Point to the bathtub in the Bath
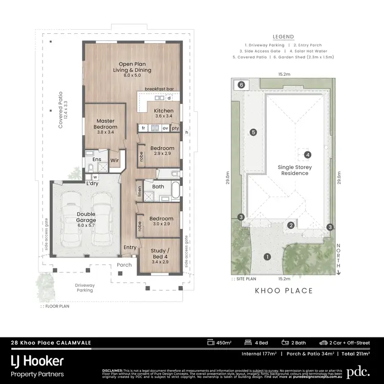pos(176,190)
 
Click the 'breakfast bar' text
pos(159,89)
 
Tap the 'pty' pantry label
pos(175,128)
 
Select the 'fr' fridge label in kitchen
pos(144,128)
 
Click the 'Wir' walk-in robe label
pos(115,160)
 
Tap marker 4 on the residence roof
pos(307,155)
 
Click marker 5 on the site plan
pos(253,132)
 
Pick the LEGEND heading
pos(283,37)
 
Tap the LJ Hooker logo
pos(38,360)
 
